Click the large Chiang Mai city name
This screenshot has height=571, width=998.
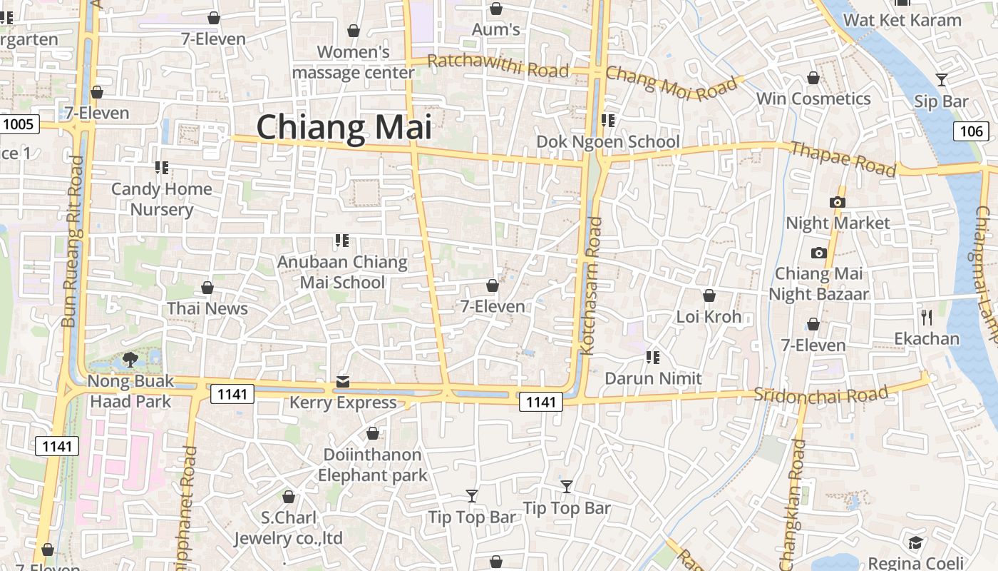[x=344, y=128]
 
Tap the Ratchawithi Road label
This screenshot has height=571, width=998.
[x=498, y=66]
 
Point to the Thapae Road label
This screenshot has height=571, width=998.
[x=843, y=158]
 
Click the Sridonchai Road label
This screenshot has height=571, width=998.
[x=821, y=394]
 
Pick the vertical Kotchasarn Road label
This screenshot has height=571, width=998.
[x=592, y=286]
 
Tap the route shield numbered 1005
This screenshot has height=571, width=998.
[x=18, y=124]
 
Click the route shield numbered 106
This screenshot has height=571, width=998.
[x=971, y=131]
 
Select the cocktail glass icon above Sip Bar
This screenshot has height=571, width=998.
[x=941, y=80]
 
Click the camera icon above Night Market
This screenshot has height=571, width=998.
[x=838, y=203]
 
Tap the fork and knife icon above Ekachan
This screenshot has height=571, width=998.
[x=927, y=317]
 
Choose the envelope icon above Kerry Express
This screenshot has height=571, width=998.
[x=343, y=382]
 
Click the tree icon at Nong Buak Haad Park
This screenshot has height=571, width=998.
[x=130, y=359]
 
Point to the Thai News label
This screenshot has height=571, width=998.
[x=207, y=308]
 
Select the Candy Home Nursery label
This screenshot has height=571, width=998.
[x=162, y=199]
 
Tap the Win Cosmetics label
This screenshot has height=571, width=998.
[x=813, y=98]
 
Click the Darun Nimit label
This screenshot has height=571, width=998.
[x=653, y=378]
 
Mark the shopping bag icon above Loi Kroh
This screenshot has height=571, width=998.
[x=709, y=295]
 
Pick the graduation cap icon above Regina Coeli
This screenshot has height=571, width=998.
[x=915, y=543]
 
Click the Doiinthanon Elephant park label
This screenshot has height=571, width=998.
[x=372, y=465]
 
